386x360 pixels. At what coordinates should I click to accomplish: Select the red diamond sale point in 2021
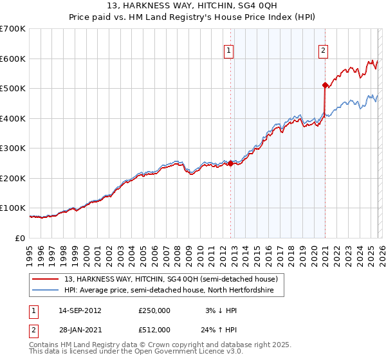click(x=325, y=85)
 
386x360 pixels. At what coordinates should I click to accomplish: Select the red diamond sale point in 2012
click(x=230, y=163)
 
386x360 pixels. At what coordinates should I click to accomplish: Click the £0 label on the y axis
click(x=19, y=238)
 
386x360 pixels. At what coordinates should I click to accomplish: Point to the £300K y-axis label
click(x=13, y=148)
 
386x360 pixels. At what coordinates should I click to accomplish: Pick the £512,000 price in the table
click(x=154, y=330)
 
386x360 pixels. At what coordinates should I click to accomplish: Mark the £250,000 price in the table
click(x=154, y=310)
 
